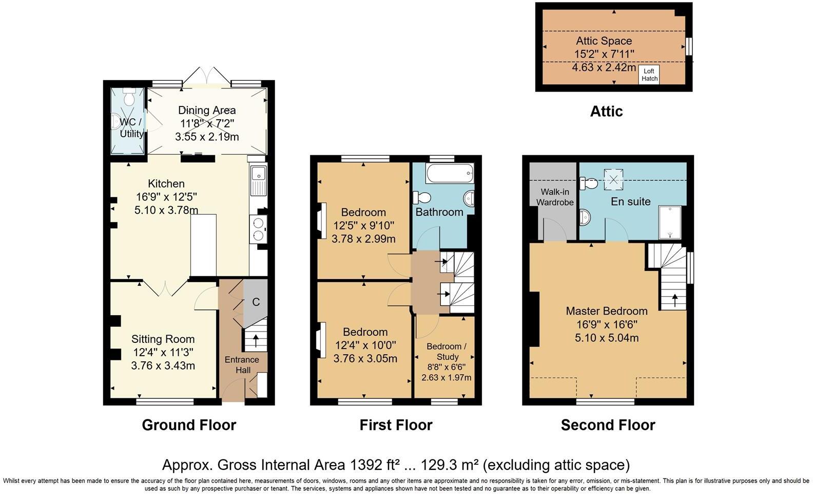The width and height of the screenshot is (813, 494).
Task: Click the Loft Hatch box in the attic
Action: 649,75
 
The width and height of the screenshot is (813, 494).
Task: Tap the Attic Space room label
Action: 604,41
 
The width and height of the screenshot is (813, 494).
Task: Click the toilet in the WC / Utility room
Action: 129,96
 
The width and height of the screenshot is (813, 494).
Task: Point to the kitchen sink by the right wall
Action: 258,180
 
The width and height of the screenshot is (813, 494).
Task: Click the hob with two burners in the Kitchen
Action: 258,229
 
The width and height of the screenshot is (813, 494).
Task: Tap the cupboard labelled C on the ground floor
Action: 256,302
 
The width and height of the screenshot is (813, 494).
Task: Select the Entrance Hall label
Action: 242,365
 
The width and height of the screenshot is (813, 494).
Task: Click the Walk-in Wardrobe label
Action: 555,197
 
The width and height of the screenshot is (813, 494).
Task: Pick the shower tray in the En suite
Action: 669,223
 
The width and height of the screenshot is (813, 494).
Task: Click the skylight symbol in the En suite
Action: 613,179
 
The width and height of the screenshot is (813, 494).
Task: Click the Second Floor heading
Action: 608,425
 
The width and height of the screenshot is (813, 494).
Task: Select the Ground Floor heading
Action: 189,425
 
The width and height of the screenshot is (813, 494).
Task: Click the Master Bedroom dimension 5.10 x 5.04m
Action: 606,338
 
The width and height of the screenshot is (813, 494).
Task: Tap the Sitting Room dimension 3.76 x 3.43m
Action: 163,365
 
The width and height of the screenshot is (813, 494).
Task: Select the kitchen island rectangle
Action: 203,246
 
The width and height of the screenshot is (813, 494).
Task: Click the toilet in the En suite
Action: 590,182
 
